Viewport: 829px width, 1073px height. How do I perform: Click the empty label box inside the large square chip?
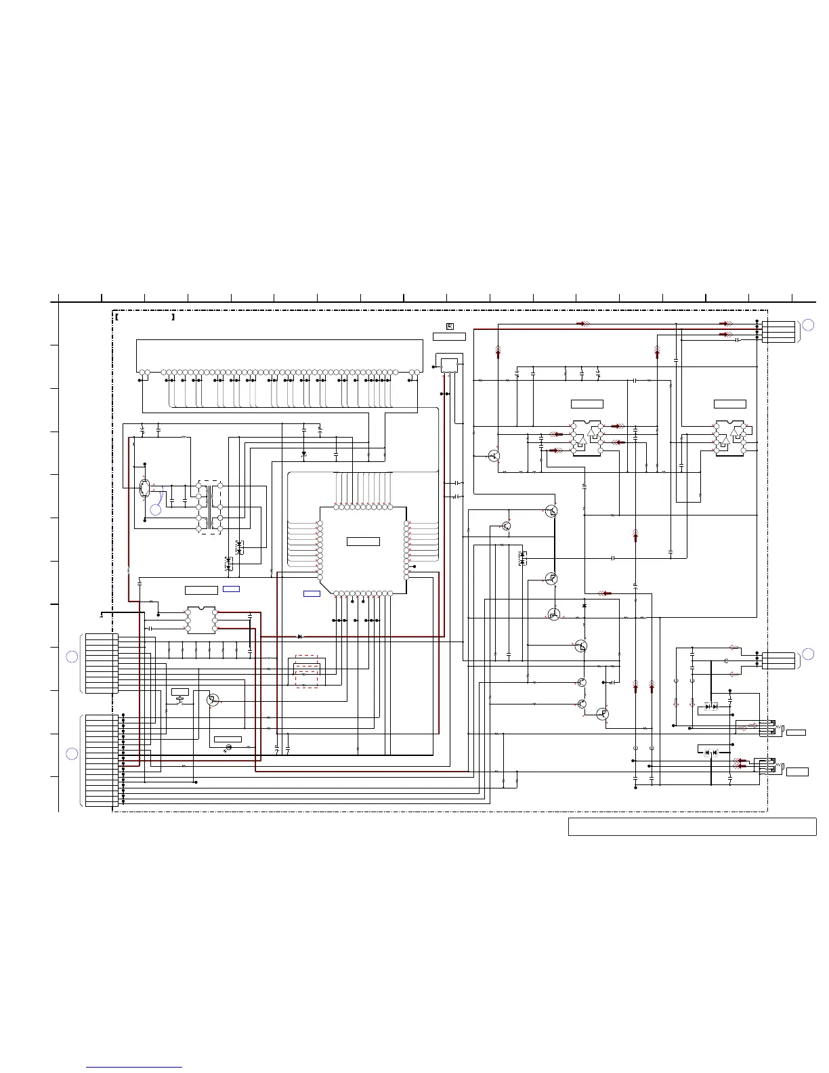click(363, 541)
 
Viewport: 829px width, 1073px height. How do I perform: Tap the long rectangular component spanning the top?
click(279, 354)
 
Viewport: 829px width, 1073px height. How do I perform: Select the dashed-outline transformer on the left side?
click(209, 507)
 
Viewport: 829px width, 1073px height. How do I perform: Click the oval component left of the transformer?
click(145, 488)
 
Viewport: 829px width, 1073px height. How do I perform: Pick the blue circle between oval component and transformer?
click(156, 510)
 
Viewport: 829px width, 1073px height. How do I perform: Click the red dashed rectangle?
click(307, 671)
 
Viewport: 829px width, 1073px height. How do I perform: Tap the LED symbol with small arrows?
click(228, 747)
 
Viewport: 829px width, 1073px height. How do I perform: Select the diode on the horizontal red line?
click(300, 637)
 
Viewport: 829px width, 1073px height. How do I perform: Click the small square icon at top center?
click(450, 327)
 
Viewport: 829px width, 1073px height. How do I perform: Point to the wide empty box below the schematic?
click(692, 827)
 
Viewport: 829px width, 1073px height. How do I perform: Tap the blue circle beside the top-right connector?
click(807, 326)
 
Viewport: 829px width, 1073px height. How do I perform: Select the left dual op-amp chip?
click(587, 438)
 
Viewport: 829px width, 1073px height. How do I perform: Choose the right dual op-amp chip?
click(730, 438)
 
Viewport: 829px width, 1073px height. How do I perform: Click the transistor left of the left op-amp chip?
click(494, 457)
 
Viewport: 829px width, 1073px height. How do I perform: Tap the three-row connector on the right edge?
click(778, 660)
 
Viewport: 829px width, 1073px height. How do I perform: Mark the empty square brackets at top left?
click(145, 316)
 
